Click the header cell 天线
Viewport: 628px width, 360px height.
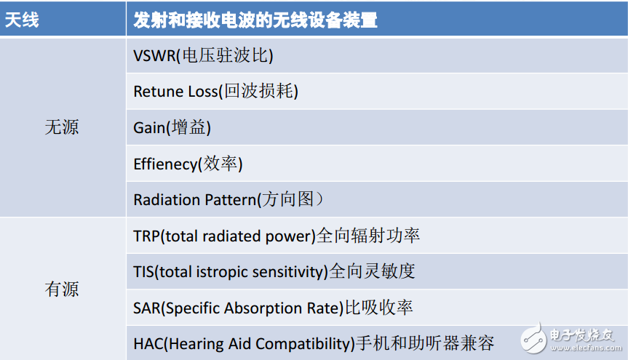click(x=23, y=20)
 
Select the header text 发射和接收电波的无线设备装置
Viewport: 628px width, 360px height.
click(x=255, y=20)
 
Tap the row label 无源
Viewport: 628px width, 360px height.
click(x=62, y=128)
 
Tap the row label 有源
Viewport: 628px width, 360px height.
click(x=62, y=289)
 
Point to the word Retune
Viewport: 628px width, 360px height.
click(x=156, y=92)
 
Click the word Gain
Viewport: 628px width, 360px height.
click(x=149, y=128)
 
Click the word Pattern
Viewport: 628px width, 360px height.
click(x=228, y=200)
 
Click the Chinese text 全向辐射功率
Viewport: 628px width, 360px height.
click(x=368, y=236)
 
